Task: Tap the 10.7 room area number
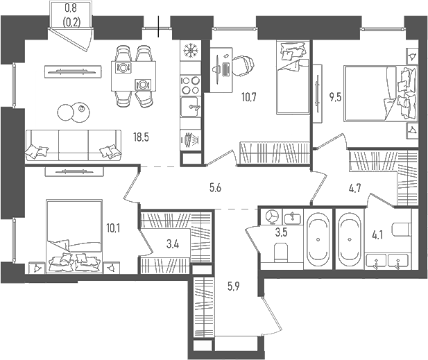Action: [x=248, y=96]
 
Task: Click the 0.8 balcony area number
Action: [x=71, y=8]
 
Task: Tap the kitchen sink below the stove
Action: [x=191, y=108]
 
